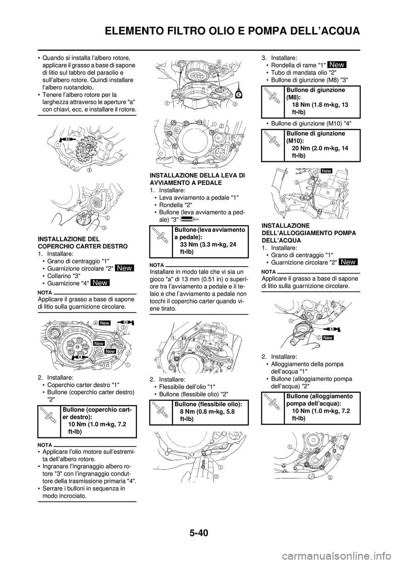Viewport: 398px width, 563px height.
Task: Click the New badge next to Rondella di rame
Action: (337, 64)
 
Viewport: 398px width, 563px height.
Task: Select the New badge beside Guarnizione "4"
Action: (100, 283)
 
